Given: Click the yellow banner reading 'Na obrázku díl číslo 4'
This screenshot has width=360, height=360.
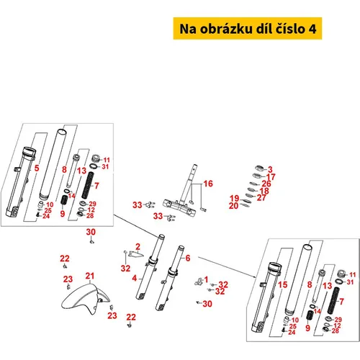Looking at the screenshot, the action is tap(248, 29).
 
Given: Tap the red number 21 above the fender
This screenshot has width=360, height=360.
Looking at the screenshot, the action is tap(90, 276).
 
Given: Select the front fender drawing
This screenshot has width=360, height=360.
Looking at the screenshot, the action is tap(86, 299).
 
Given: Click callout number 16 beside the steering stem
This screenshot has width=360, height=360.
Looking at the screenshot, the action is tap(208, 184).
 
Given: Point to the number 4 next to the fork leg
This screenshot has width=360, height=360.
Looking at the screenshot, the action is tap(135, 279).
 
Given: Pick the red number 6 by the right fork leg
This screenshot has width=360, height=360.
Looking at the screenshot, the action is tap(188, 258).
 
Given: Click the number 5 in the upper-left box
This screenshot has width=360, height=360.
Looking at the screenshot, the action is tap(37, 168).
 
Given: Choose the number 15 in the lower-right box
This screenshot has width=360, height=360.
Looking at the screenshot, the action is tap(283, 285).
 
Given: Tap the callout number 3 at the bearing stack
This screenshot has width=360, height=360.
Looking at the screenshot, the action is tap(270, 170).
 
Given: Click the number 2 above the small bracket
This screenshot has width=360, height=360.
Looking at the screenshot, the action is tap(138, 247).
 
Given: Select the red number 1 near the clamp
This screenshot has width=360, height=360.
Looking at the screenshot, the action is tap(206, 279).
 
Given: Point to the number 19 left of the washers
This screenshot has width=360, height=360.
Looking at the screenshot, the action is tap(235, 199).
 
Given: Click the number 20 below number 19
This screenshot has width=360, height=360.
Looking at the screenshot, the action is tap(233, 206).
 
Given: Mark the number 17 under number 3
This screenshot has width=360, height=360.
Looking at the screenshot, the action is tap(271, 177).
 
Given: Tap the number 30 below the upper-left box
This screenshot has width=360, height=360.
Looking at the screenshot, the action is tap(91, 232).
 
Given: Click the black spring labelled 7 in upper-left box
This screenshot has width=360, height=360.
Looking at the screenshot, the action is tap(89, 185).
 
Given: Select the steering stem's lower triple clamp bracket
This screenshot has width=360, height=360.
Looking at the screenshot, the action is tap(179, 207).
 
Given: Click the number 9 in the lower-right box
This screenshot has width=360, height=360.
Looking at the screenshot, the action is tap(308, 328).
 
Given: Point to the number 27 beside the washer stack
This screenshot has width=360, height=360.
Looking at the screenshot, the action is tap(261, 198).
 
